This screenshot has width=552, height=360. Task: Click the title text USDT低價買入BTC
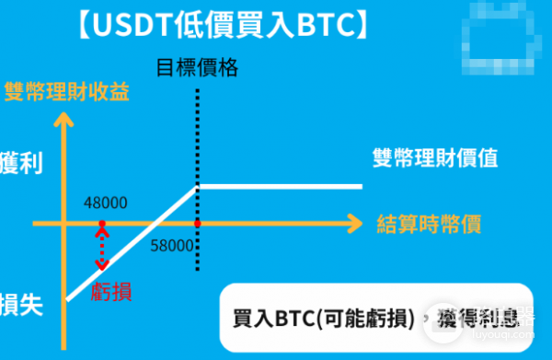click(221, 24)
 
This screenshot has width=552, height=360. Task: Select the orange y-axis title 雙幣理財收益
click(66, 90)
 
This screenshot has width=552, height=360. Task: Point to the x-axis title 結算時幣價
click(431, 223)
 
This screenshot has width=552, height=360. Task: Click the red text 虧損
click(111, 291)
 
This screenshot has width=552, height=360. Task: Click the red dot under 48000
click(102, 224)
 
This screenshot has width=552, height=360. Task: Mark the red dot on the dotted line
click(198, 224)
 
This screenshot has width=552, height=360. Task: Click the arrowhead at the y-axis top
click(64, 120)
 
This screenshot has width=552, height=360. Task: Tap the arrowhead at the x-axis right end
click(354, 223)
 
